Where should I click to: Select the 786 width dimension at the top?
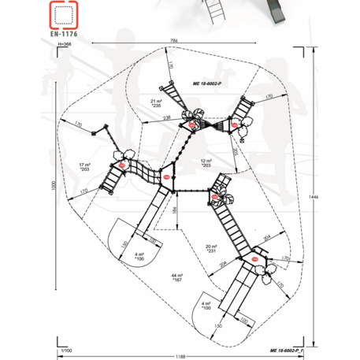[172, 40]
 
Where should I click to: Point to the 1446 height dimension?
[314, 195]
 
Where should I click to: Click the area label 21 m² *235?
[156, 103]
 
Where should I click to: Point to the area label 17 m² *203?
[85, 167]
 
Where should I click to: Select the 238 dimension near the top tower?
[168, 117]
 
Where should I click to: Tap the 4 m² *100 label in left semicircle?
[139, 256]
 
